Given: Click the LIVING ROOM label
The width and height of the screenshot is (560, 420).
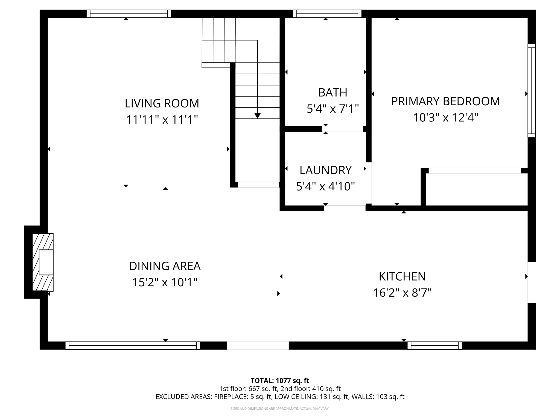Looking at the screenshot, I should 162,103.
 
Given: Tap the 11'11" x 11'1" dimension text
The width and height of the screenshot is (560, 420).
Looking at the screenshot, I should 162,120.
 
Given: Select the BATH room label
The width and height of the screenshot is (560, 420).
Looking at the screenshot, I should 332,92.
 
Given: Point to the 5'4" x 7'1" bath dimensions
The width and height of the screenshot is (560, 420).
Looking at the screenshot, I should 332,109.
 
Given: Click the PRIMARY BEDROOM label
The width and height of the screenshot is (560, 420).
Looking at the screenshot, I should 445,101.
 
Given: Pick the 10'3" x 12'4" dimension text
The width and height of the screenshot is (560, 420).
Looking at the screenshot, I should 445,118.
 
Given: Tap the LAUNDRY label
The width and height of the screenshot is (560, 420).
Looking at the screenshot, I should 325,170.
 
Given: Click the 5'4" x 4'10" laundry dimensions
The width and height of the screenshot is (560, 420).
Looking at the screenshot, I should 325,186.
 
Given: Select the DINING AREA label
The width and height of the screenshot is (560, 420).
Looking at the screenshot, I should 165,266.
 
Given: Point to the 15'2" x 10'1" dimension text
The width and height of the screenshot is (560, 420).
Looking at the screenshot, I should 165,282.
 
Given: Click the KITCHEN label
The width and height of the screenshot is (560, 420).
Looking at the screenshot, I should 402,276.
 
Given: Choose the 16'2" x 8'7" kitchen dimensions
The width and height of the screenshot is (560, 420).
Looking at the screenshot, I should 402,293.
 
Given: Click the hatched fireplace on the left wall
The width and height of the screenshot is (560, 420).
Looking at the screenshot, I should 43,262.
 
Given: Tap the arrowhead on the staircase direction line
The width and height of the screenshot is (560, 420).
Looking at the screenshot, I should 257,116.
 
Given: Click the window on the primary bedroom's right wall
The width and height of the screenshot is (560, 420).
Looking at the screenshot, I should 531,91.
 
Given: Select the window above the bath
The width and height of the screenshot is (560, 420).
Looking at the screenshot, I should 327,14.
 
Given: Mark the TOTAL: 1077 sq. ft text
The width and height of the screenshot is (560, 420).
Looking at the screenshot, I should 280,381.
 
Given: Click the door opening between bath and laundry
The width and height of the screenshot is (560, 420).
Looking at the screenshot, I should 342,129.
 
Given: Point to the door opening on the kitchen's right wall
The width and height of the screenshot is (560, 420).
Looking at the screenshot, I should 531,282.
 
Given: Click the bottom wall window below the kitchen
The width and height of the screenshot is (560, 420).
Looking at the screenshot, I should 434,346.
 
